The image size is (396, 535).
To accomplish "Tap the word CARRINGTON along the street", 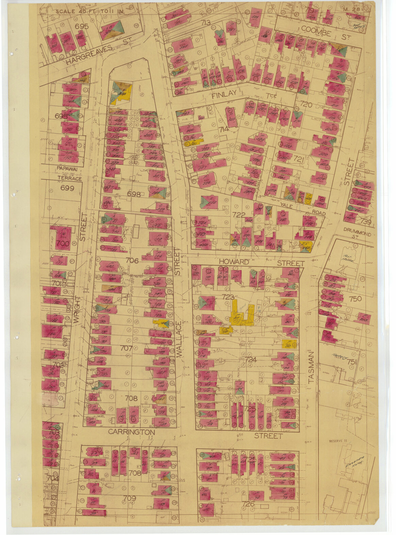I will pos(131,432).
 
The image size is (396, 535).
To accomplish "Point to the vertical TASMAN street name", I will pos(311,367).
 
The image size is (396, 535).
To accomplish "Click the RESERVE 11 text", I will pos(338,441).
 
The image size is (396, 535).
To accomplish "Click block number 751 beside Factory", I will pos(352,362).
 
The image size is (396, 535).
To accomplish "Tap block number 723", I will pos(228,296).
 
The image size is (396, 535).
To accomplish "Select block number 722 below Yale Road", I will pos(238,214).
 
